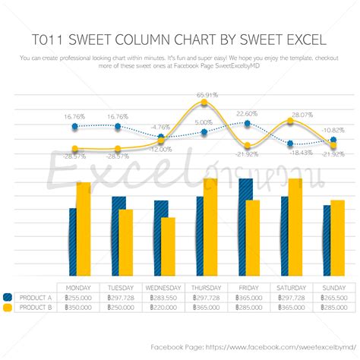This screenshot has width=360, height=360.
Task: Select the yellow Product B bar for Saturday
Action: pyautogui.click(x=295, y=228)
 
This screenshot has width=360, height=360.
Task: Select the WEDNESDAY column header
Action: pyautogui.click(x=163, y=288)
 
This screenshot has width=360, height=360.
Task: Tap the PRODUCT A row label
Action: pyautogui.click(x=35, y=298)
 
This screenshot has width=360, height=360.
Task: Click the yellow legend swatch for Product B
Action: pyautogui.click(x=8, y=308)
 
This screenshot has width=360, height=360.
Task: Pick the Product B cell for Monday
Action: pyautogui.click(x=79, y=308)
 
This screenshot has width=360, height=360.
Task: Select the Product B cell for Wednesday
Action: pyautogui.click(x=163, y=308)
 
